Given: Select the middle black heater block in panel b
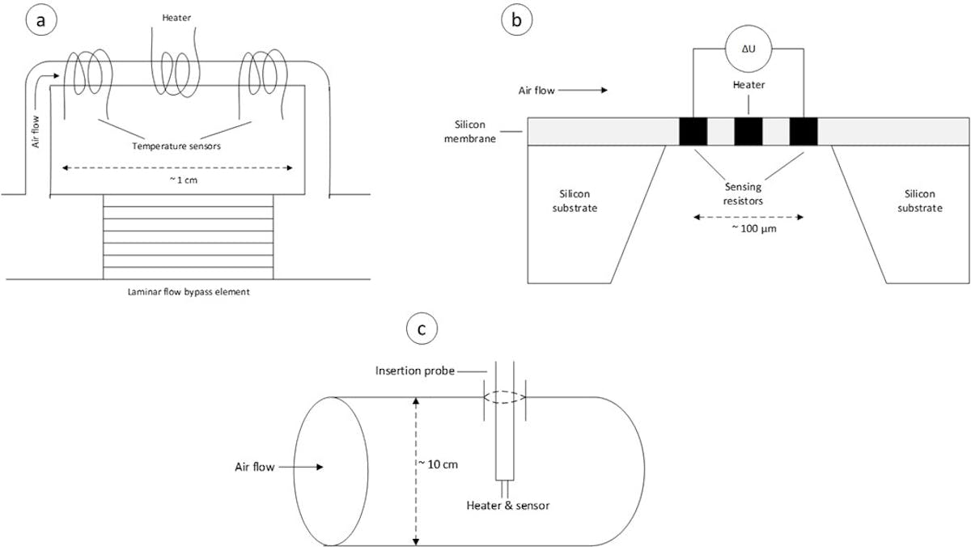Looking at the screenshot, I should pos(748,132).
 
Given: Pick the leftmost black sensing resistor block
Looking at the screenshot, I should pos(693,132).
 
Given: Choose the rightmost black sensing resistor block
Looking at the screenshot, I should pos(804,132).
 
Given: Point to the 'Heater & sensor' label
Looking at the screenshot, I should pos(505,506).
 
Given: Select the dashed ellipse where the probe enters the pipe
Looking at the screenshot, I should pos(505,397).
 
